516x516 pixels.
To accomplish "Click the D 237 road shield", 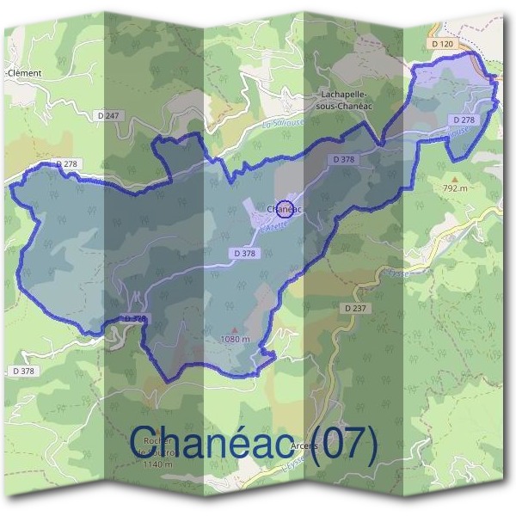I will pyautogui.click(x=354, y=307).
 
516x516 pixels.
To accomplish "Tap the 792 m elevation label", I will pyautogui.click(x=454, y=187).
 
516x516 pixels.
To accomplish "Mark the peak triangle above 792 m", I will pyautogui.click(x=455, y=177).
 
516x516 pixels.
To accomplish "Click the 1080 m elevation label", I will pyautogui.click(x=234, y=339).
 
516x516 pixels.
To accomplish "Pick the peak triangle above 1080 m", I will pyautogui.click(x=234, y=329).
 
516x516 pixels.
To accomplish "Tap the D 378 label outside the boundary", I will pyautogui.click(x=24, y=371).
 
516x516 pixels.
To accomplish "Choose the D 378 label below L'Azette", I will pyautogui.click(x=243, y=254).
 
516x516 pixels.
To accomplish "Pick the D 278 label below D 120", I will pyautogui.click(x=462, y=120).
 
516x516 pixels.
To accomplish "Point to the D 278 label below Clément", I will pyautogui.click(x=67, y=163).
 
